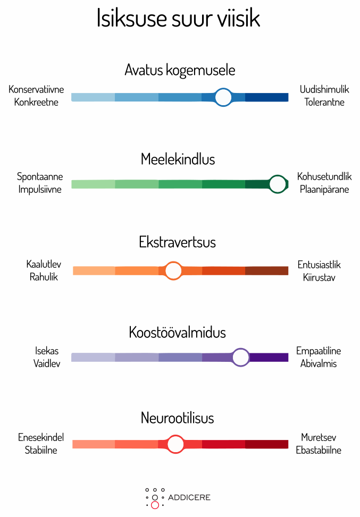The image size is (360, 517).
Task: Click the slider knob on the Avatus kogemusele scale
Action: coord(223,97)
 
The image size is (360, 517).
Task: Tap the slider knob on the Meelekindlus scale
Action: coord(278,184)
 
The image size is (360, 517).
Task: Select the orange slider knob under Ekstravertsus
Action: coord(173,270)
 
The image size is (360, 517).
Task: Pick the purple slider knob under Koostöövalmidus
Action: coord(241,358)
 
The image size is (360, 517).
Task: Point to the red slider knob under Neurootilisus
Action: coord(175,444)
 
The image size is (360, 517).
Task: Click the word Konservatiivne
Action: coord(36,89)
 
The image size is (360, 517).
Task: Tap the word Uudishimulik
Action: coord(324,89)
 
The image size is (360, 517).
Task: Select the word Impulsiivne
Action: coord(40,189)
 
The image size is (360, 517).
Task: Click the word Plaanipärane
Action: coord(324,189)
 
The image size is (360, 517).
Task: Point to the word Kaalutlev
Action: coord(44,264)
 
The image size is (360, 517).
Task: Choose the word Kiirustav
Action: coord(319,277)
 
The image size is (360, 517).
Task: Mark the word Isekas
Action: coord(47,351)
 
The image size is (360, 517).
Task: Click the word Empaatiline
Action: coord(319,351)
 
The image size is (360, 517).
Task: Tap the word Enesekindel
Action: coord(41,437)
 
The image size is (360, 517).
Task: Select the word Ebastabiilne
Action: coord(319,450)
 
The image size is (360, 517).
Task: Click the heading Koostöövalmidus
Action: coord(177,333)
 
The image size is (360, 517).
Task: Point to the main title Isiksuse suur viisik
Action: coord(178,18)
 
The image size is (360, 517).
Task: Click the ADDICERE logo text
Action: coord(189,497)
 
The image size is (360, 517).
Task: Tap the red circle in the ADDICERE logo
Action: coord(155,505)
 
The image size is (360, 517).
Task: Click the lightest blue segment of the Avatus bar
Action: coord(93,97)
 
